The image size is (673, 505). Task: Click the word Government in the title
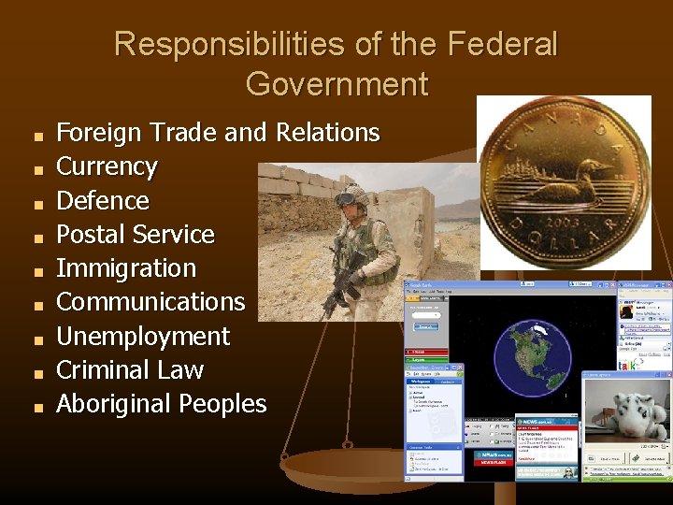336,84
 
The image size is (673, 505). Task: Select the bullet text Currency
107,166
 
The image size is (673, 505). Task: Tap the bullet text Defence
103,200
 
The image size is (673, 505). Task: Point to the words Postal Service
136,234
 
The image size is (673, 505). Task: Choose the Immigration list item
126,268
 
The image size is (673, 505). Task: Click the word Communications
150,302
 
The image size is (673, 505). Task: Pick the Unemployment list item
143,336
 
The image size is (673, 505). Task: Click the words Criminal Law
130,369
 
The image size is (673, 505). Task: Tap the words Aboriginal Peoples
162,404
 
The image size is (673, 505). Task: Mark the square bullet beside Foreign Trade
38,137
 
